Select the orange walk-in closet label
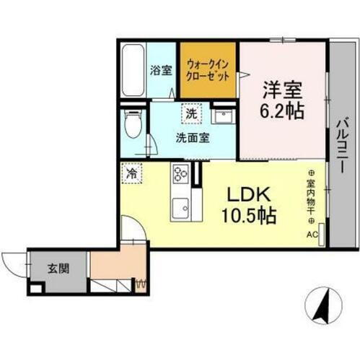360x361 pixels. pyautogui.click(x=208, y=70)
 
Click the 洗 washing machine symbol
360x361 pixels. pyautogui.click(x=190, y=113)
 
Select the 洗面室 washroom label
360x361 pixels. pyautogui.click(x=193, y=138)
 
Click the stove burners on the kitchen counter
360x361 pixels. pyautogui.click(x=180, y=174)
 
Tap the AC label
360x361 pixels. pyautogui.click(x=312, y=235)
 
